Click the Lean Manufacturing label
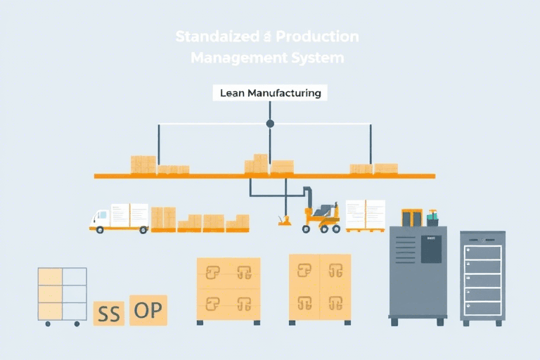click(x=270, y=93)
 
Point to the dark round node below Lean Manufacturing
click(x=270, y=124)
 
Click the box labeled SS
click(x=108, y=313)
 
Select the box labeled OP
click(x=148, y=310)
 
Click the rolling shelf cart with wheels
click(x=63, y=295)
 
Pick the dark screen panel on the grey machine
click(x=430, y=249)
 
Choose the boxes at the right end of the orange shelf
click(x=374, y=168)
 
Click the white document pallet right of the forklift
click(x=365, y=214)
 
